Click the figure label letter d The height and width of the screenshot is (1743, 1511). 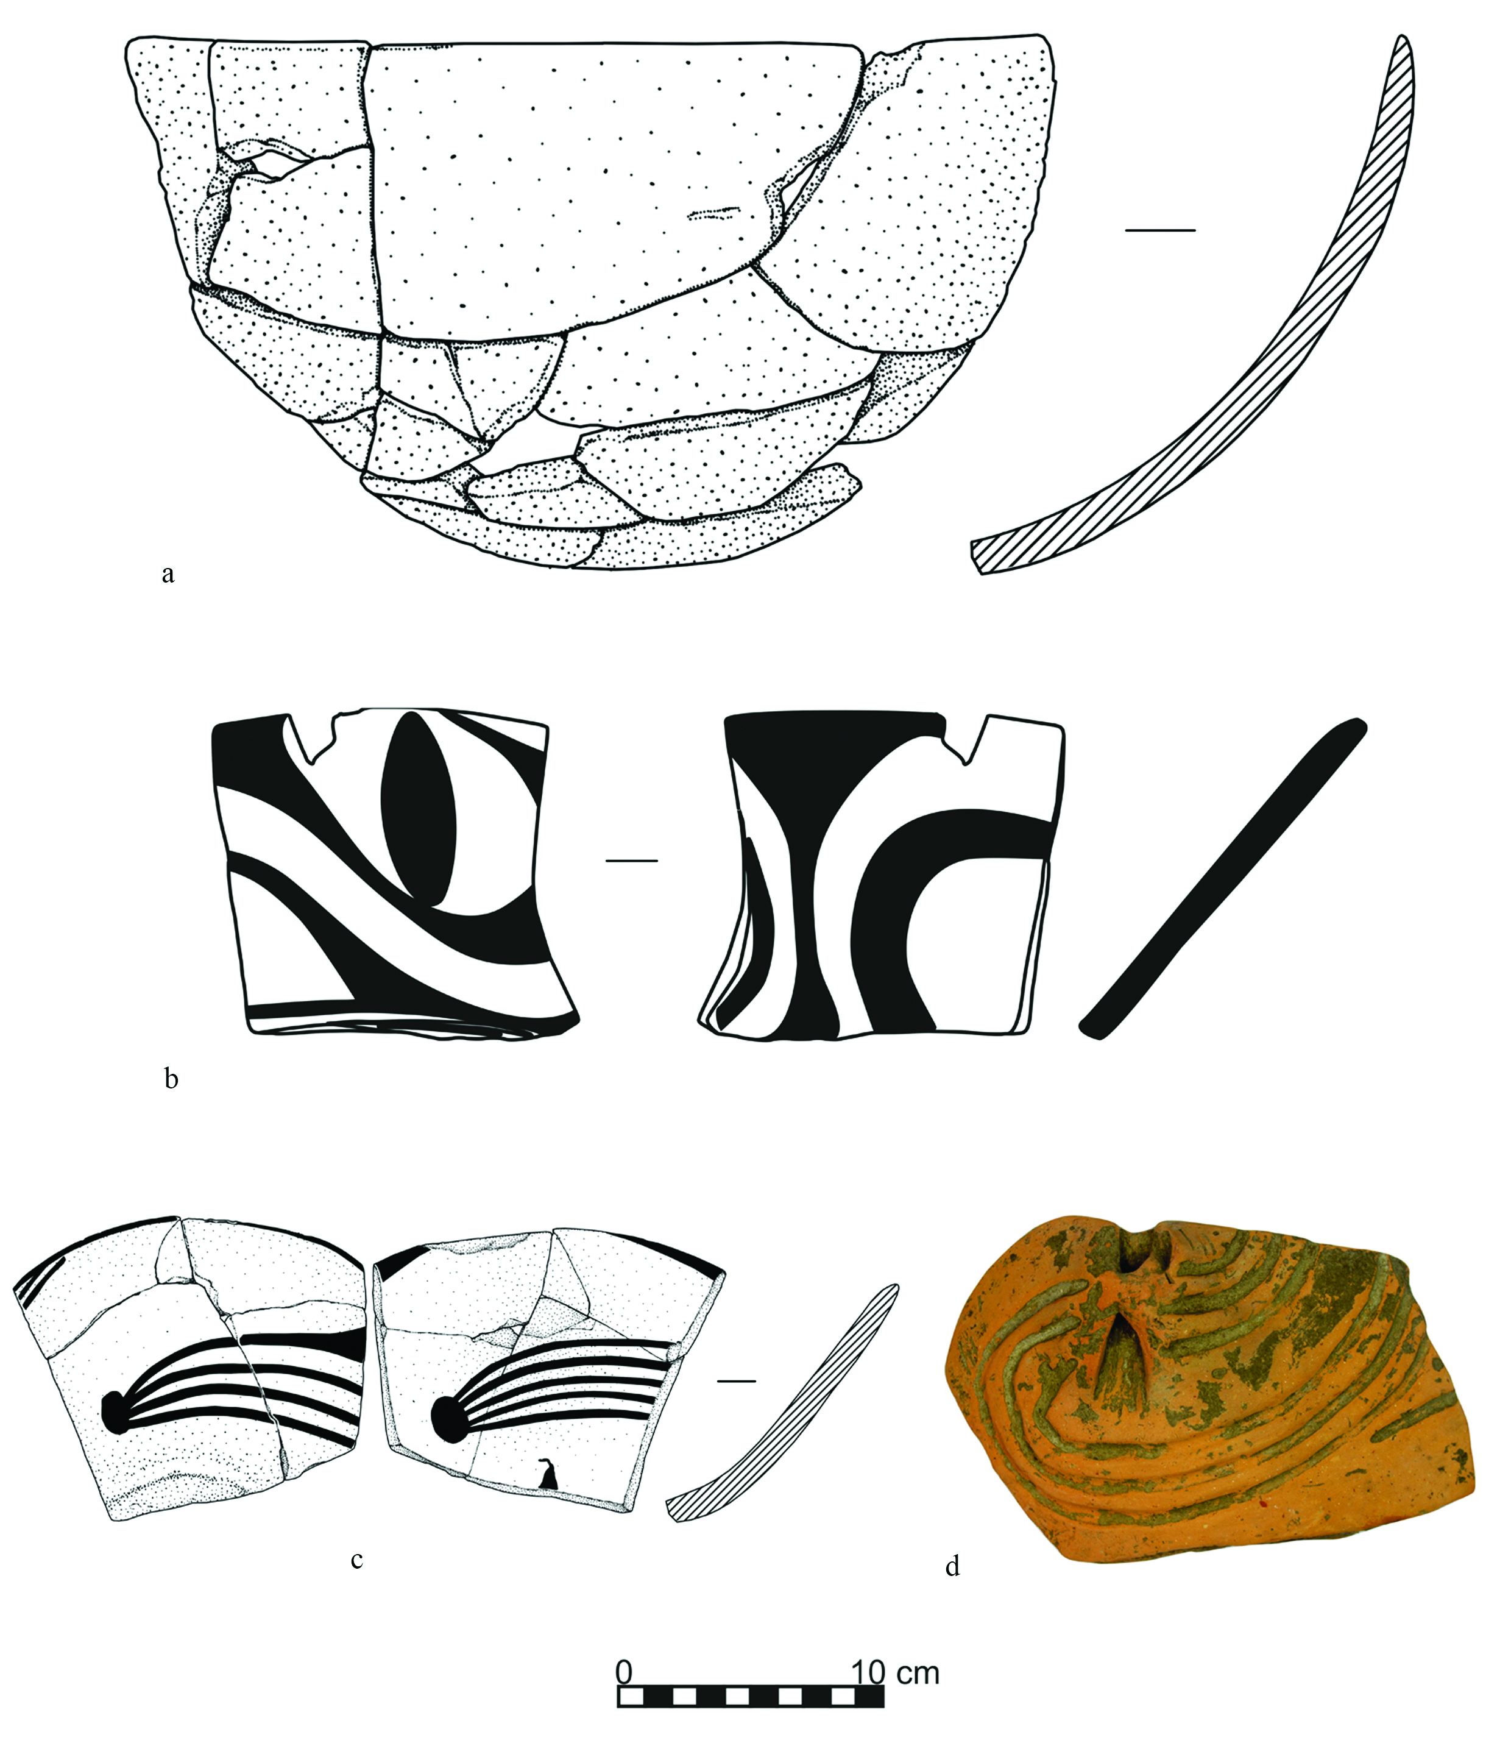(x=953, y=1566)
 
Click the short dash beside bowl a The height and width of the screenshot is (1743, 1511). (x=1160, y=229)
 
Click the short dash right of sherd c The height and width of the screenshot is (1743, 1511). (x=737, y=1381)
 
